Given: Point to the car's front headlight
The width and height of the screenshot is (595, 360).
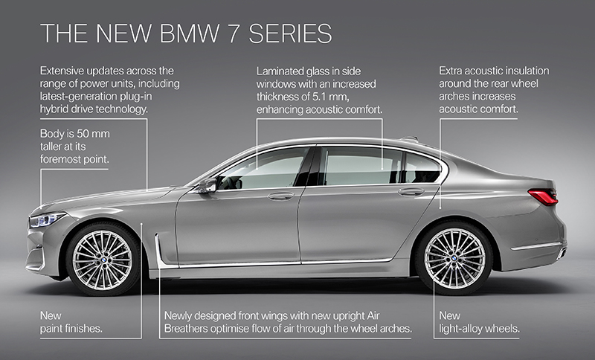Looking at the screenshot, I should click(x=47, y=219).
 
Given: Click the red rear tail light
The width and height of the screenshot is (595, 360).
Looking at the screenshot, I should click(x=543, y=197).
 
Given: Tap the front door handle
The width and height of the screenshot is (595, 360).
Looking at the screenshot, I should click(x=281, y=196).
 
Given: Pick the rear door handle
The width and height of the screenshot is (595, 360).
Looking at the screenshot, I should click(x=411, y=192).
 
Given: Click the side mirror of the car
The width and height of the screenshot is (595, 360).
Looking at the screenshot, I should click(x=206, y=184).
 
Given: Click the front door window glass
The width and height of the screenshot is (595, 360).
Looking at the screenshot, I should click(x=264, y=169).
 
